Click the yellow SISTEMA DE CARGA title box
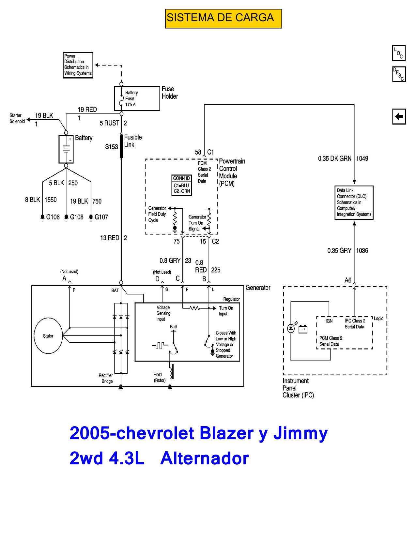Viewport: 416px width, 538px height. coord(223,19)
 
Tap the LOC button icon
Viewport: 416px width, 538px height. coord(399,53)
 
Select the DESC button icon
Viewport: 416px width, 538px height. coord(399,74)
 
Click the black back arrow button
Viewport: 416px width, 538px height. coord(399,116)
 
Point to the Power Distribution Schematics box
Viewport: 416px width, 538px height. coord(78,65)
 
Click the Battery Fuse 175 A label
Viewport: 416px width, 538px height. coord(131,98)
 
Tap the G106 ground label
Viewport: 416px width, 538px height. coord(53,217)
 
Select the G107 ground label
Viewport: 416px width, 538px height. coord(101,217)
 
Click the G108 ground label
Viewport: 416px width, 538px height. coord(77,217)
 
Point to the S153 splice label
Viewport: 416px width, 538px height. coord(112,147)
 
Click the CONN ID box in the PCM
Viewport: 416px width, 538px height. coord(182,185)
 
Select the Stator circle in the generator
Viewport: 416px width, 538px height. coord(48,336)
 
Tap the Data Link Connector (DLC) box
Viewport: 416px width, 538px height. coord(354,202)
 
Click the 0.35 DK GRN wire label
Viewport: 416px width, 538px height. coord(334,158)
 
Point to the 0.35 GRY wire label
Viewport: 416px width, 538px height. coord(339,250)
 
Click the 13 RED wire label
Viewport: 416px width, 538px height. coord(110,238)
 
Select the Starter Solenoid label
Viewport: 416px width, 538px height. coord(17,118)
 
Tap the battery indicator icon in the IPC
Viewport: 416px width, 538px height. coord(303,329)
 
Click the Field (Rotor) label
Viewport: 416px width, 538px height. coord(159,377)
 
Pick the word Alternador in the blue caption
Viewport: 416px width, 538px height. coord(204,458)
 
